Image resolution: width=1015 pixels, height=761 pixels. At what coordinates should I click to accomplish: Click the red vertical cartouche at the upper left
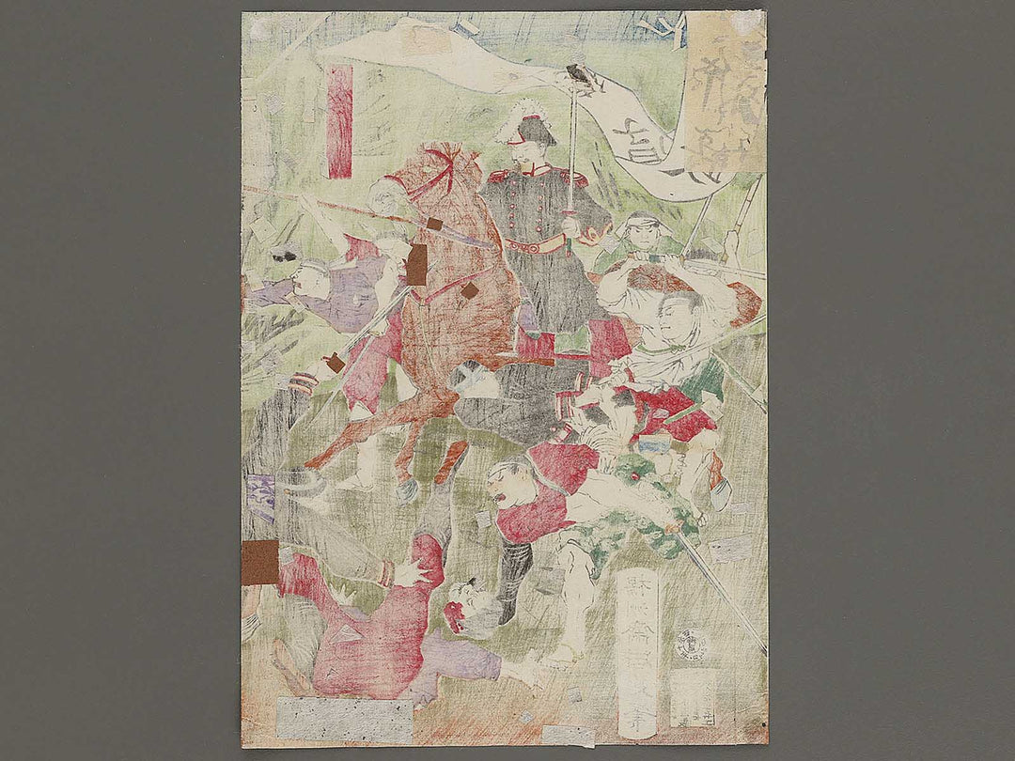tap(339, 120)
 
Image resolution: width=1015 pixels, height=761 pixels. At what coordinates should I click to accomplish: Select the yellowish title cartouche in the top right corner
tap(725, 94)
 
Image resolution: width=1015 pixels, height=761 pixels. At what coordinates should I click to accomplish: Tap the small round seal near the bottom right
tap(693, 645)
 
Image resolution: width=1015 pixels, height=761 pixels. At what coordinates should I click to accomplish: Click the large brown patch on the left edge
tap(259, 562)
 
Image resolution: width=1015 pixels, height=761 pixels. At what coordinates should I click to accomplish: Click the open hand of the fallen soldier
tap(411, 570)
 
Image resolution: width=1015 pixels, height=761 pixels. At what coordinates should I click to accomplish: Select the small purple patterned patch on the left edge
tap(262, 495)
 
